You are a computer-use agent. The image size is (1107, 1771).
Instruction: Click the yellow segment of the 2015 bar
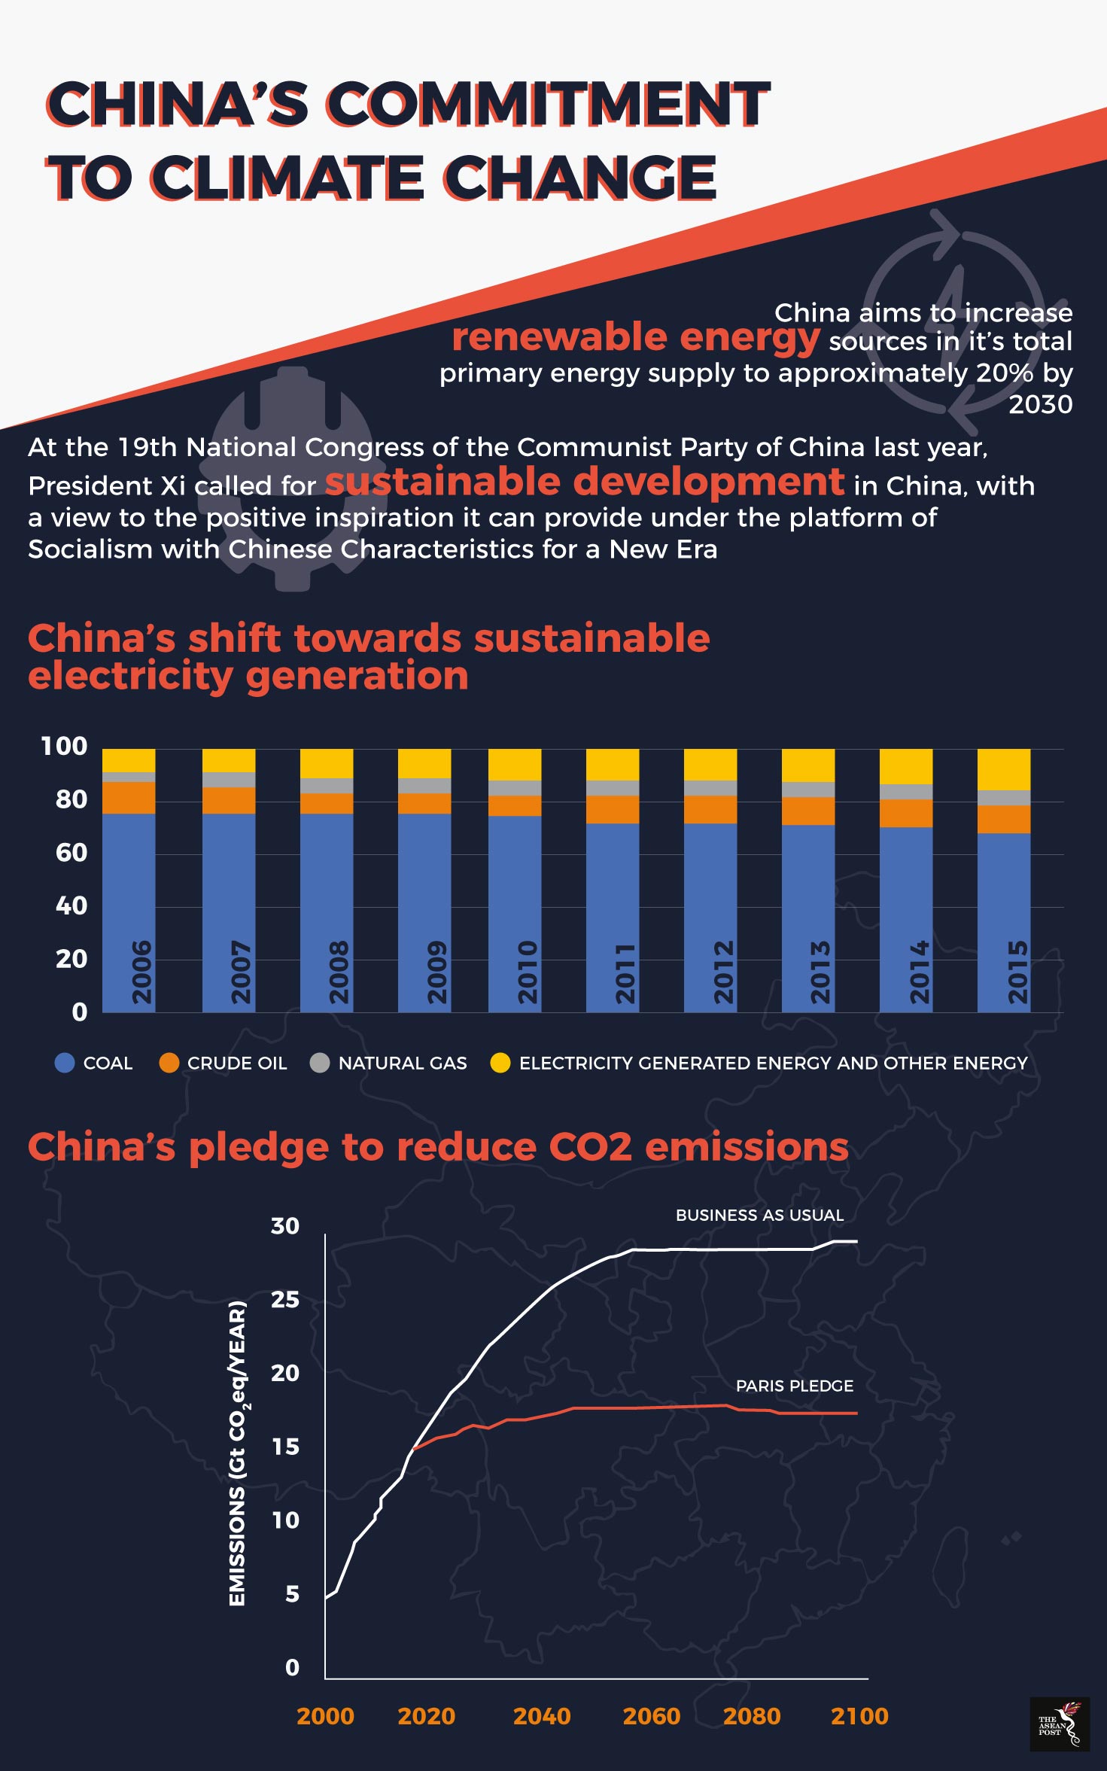[1003, 769]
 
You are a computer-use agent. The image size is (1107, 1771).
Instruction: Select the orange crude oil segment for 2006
[129, 798]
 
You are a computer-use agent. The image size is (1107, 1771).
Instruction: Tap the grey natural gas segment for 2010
[515, 788]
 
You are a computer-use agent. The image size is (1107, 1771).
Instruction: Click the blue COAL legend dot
[65, 1063]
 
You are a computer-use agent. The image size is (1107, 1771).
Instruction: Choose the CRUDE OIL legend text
[236, 1063]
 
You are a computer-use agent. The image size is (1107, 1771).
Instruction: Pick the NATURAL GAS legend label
[402, 1063]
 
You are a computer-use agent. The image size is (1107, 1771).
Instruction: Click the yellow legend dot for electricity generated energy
[500, 1063]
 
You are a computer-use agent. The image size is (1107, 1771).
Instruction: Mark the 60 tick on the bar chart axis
[71, 853]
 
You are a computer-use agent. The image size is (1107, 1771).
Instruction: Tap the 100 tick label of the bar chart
[64, 747]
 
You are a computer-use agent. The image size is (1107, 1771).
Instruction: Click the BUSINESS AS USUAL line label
[759, 1216]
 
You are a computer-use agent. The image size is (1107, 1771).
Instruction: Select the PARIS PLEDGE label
[794, 1386]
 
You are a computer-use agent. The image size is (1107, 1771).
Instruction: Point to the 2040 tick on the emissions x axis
[541, 1716]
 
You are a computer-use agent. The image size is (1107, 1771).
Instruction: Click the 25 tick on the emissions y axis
[284, 1300]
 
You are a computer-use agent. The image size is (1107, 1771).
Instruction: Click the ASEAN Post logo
[1059, 1724]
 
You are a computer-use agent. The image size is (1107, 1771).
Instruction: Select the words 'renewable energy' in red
[635, 337]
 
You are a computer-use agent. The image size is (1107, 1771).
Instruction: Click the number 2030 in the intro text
[1040, 405]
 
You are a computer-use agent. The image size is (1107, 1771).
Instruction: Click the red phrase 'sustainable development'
[584, 482]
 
